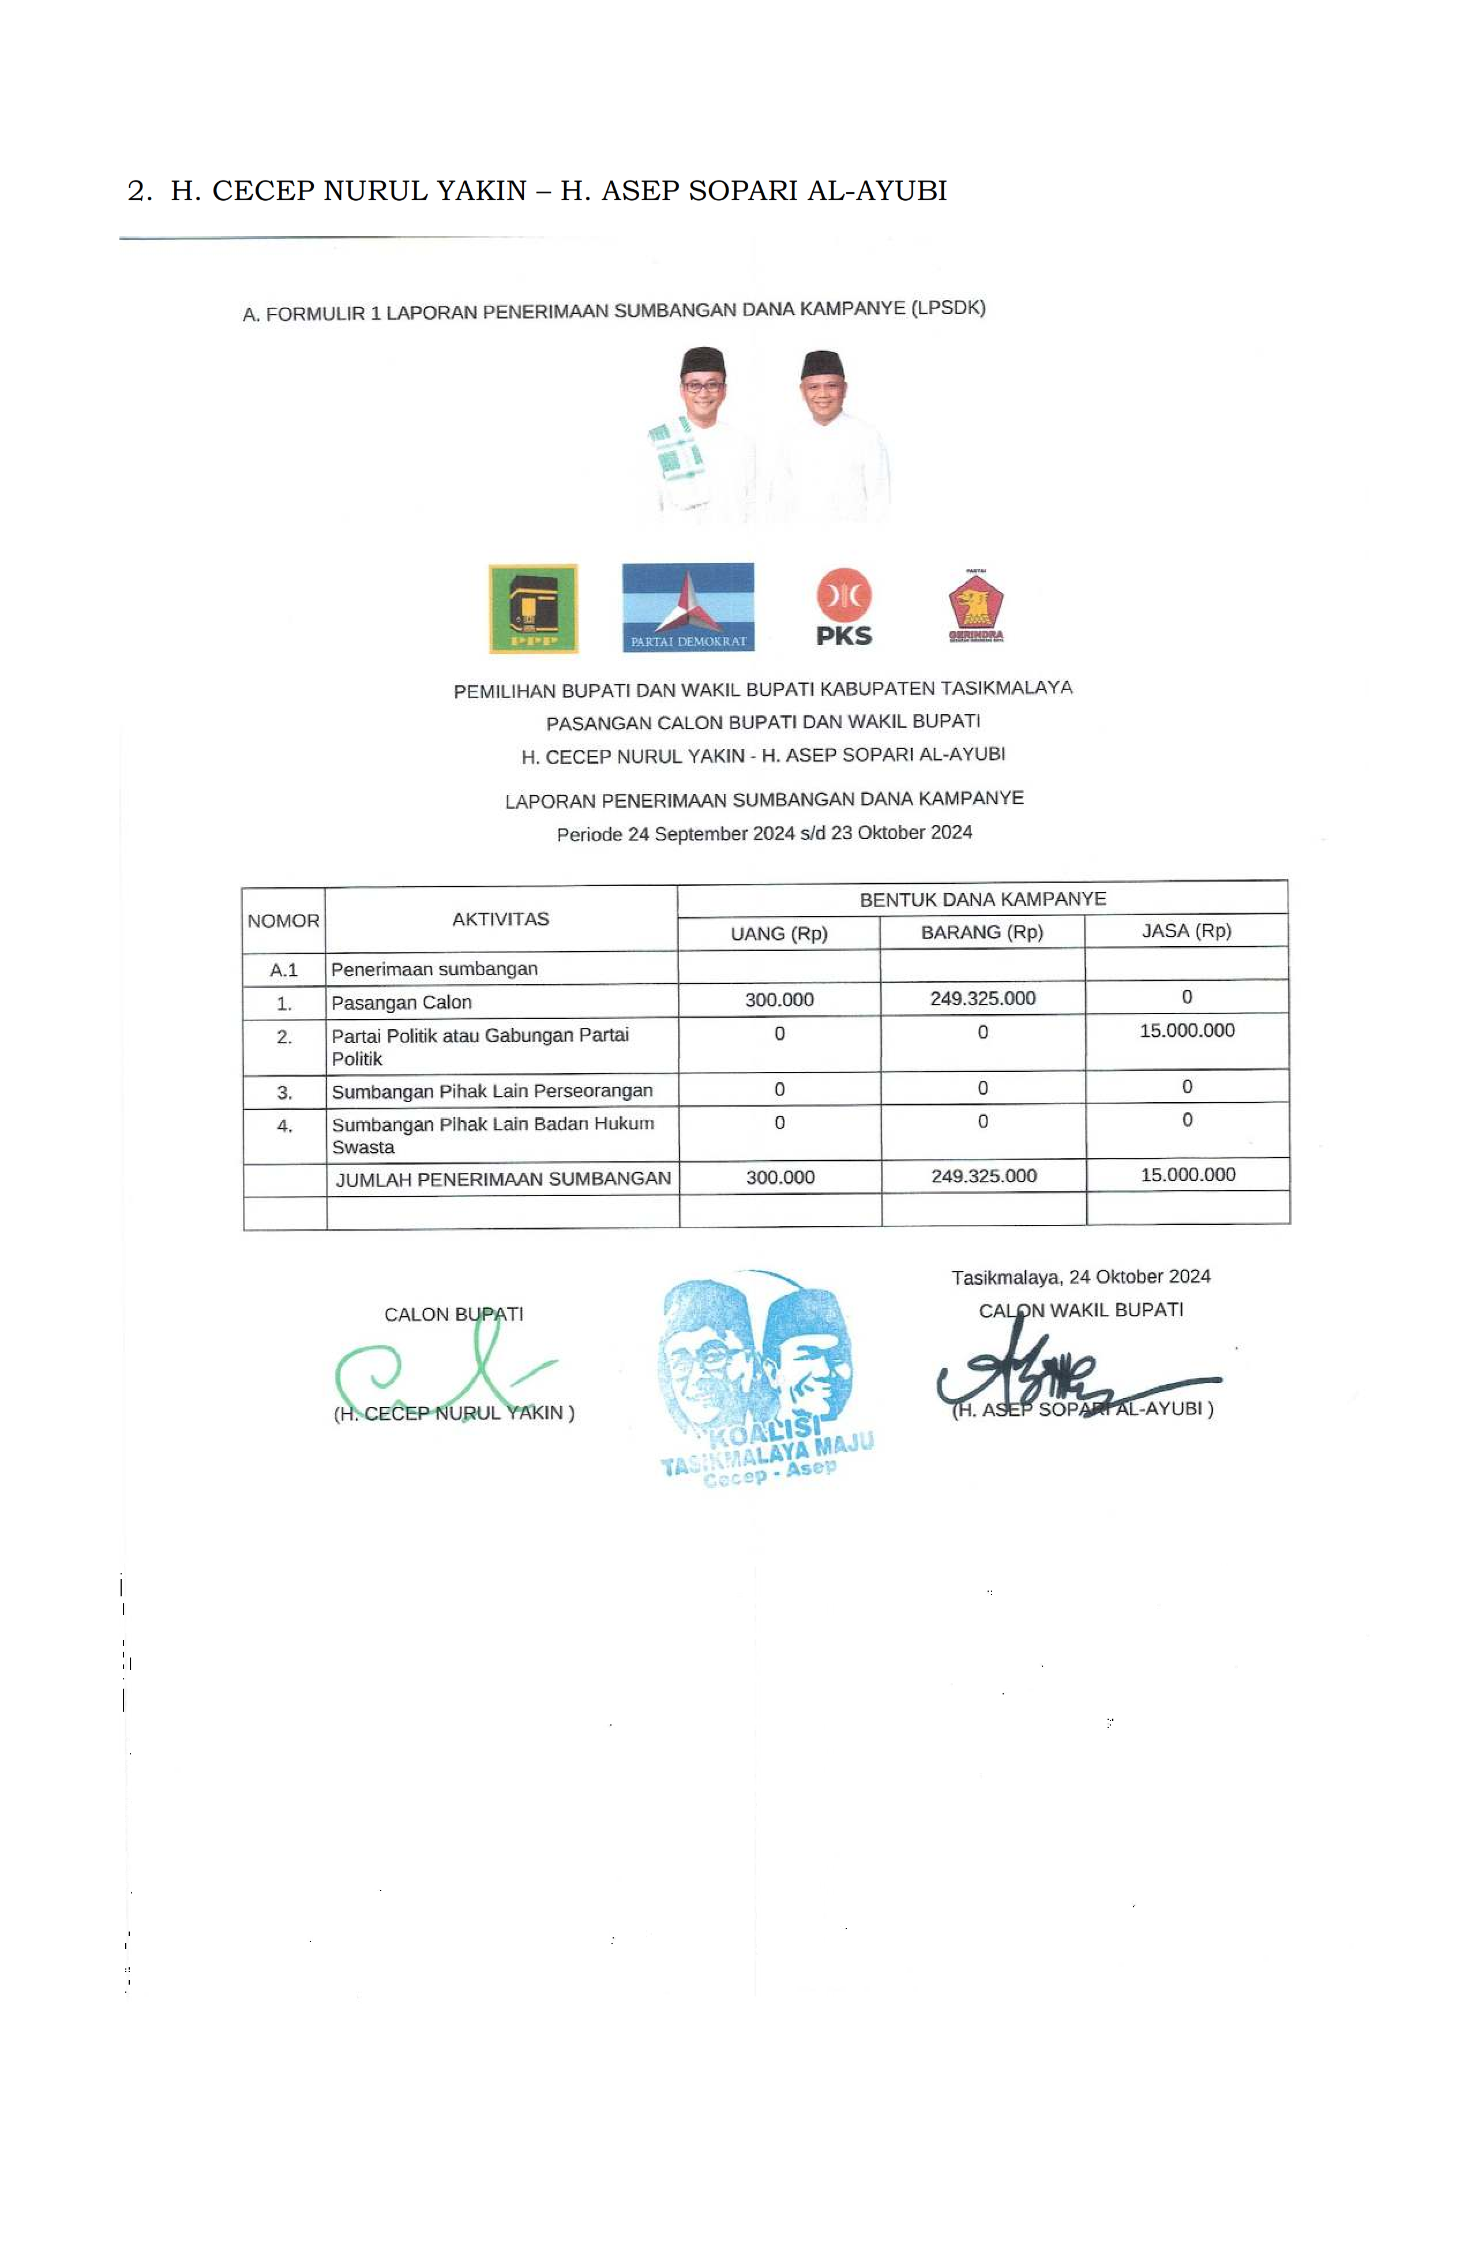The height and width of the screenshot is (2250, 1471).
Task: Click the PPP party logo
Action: [532, 609]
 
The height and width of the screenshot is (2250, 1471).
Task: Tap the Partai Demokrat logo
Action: [687, 607]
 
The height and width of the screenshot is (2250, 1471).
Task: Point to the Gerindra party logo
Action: [975, 605]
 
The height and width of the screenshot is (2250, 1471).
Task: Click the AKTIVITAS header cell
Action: [500, 919]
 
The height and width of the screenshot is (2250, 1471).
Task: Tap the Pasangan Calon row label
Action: [401, 1002]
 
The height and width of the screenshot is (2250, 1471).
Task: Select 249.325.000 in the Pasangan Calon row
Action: [982, 998]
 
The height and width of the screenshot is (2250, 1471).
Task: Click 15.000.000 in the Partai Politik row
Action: [1187, 1030]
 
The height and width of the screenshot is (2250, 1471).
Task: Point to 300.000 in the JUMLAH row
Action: [780, 1177]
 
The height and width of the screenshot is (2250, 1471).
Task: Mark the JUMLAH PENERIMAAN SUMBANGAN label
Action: [503, 1179]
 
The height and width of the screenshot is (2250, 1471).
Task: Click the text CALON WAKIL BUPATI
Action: [1080, 1310]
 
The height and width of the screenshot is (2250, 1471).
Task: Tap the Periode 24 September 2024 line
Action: [764, 833]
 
